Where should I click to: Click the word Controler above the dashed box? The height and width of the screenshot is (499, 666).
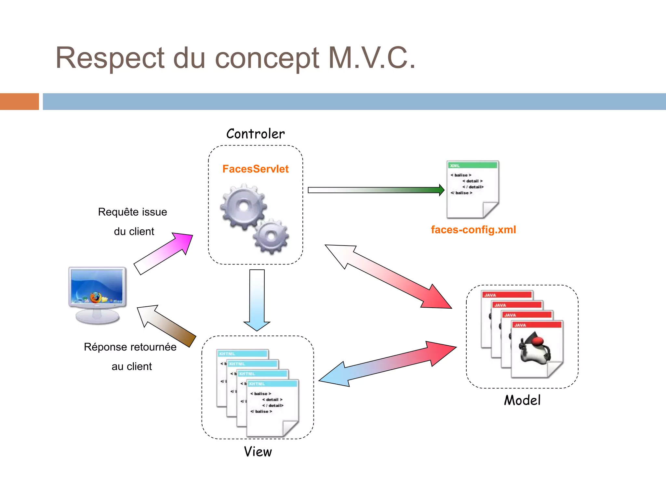pyautogui.click(x=255, y=134)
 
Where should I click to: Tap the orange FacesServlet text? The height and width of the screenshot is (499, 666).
pyautogui.click(x=255, y=169)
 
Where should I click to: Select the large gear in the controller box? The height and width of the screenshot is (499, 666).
pyautogui.click(x=243, y=206)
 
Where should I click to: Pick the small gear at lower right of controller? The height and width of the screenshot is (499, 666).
pyautogui.click(x=271, y=236)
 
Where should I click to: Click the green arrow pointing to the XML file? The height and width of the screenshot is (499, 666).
pyautogui.click(x=376, y=190)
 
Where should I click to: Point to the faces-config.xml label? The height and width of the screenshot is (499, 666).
pyautogui.click(x=473, y=230)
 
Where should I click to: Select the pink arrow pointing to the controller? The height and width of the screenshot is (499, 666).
pyautogui.click(x=164, y=253)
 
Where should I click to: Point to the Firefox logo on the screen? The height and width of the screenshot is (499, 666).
pyautogui.click(x=96, y=297)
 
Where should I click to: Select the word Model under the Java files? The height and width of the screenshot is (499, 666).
pyautogui.click(x=522, y=400)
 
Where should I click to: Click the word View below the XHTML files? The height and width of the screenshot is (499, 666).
pyautogui.click(x=258, y=452)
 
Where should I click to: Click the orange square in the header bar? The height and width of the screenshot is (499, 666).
pyautogui.click(x=20, y=101)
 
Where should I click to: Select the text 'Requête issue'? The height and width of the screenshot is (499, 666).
pyautogui.click(x=132, y=212)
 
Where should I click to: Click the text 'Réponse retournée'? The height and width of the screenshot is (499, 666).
pyautogui.click(x=130, y=347)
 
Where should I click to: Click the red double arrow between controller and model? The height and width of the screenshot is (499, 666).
pyautogui.click(x=389, y=276)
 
